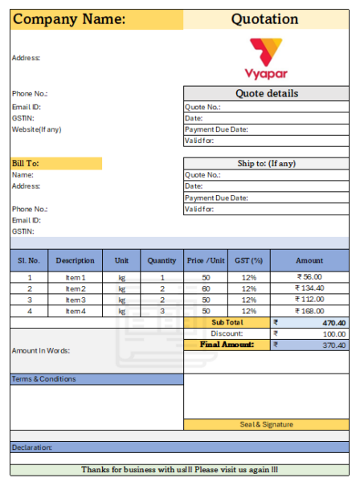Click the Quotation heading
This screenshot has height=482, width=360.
click(264, 19)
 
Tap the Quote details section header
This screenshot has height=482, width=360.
click(266, 93)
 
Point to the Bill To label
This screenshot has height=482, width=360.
click(26, 164)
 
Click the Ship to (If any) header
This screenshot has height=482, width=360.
click(266, 164)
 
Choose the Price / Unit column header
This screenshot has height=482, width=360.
click(206, 260)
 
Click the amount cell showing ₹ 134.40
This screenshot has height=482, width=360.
click(309, 288)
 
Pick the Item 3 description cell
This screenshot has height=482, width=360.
click(75, 300)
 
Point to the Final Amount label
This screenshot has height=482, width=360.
click(227, 345)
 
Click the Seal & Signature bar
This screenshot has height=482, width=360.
click(266, 424)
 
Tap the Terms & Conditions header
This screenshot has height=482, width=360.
click(44, 379)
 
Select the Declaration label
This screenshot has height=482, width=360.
click(32, 447)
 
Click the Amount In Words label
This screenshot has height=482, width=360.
click(41, 350)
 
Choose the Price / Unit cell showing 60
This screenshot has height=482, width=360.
click(206, 288)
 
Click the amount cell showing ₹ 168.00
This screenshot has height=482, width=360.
click(309, 311)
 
